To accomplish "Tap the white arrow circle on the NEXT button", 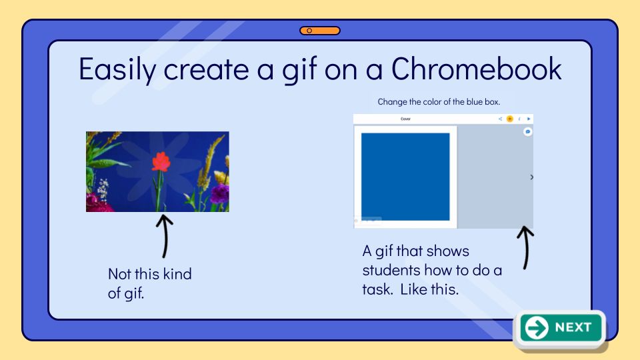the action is [x=536, y=328].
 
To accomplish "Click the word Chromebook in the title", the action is [x=476, y=69].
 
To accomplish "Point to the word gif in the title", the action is [x=299, y=70].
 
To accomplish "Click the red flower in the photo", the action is [x=161, y=161].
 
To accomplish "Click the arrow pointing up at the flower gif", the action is [x=165, y=236].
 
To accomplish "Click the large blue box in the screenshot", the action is [x=405, y=177].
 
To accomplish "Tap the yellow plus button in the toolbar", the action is [x=510, y=119].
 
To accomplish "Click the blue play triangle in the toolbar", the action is [x=529, y=119].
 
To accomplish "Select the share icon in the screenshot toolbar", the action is [x=500, y=119].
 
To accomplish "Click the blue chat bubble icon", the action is [x=528, y=131].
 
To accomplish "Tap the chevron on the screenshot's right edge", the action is [x=531, y=177].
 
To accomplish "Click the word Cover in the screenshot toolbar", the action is [x=405, y=119].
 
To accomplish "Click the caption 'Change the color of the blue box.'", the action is [x=439, y=101].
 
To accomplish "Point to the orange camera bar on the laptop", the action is [x=320, y=31].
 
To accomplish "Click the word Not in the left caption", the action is [x=119, y=274].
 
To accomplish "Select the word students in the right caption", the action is [x=391, y=270].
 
